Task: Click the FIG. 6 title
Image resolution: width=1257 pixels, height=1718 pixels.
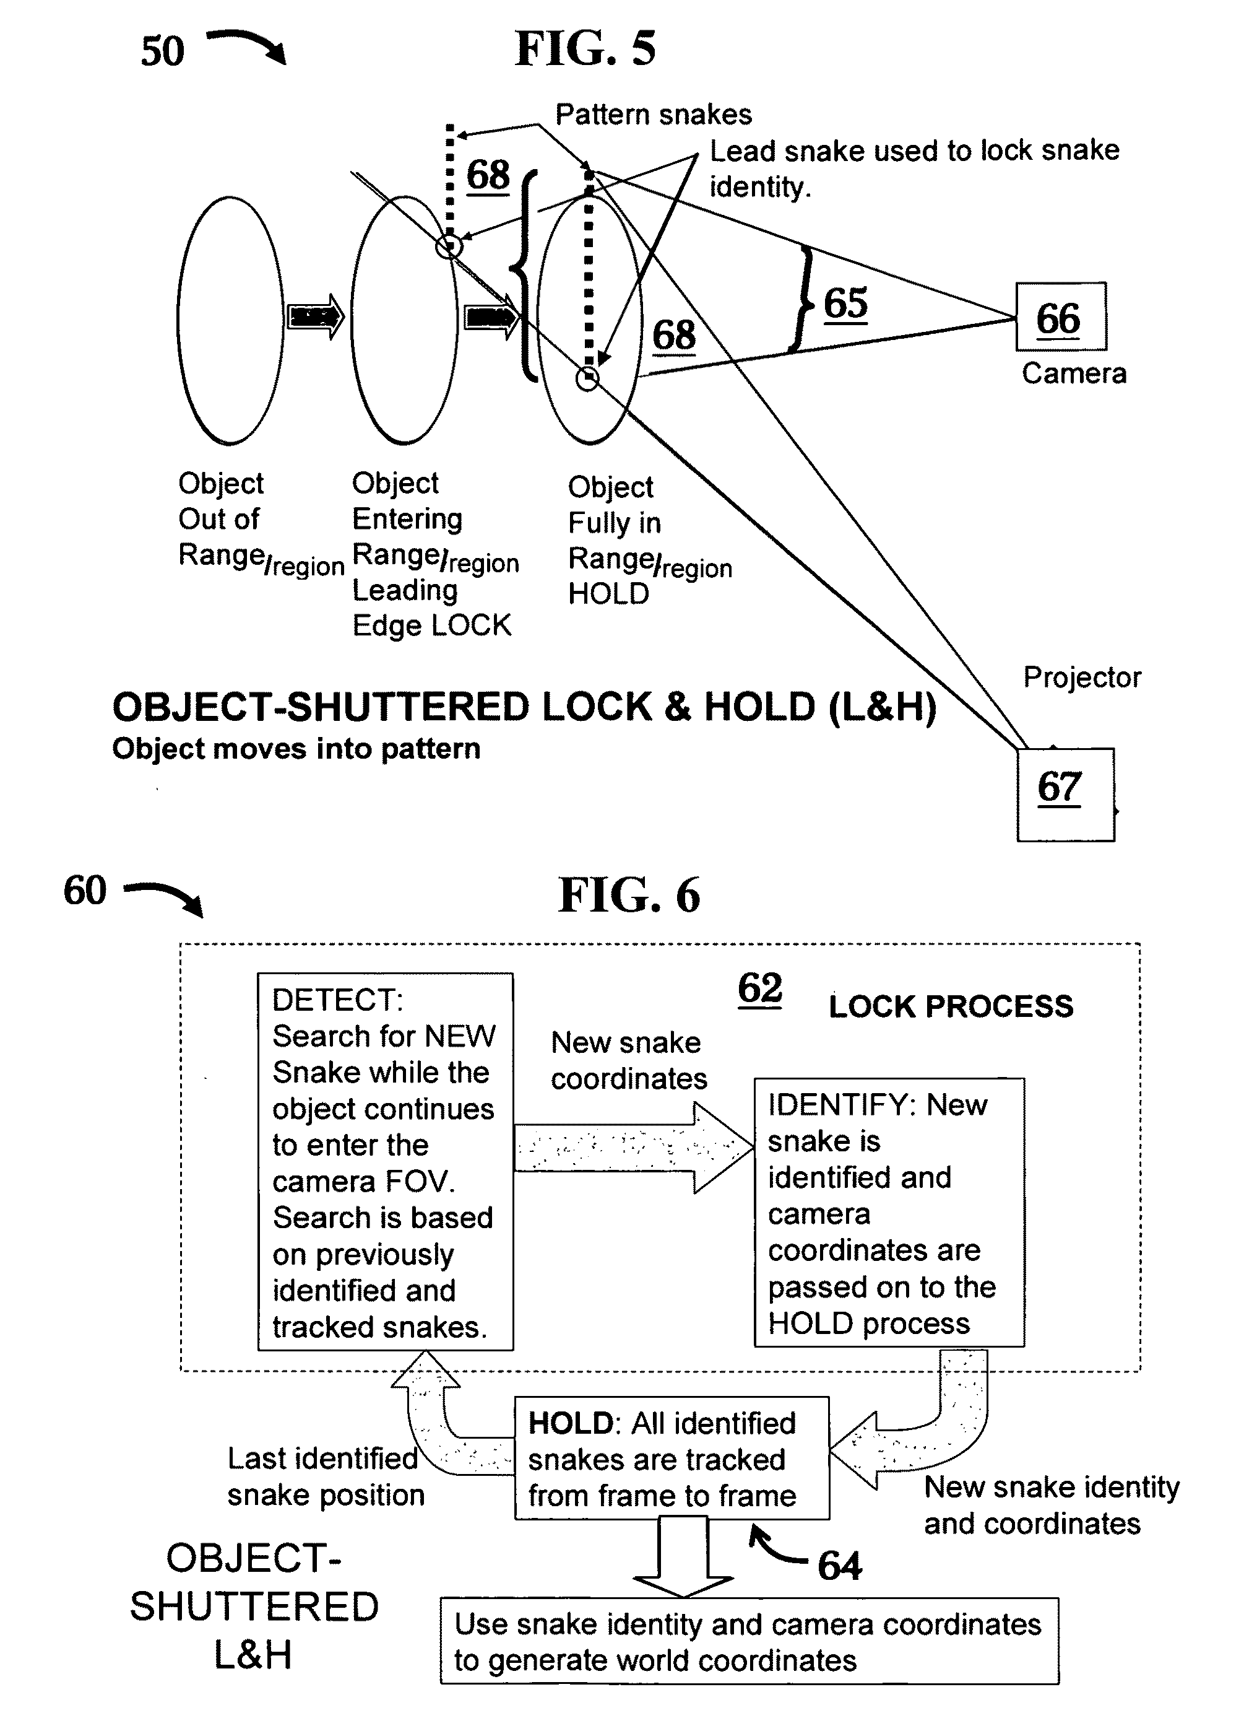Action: (629, 894)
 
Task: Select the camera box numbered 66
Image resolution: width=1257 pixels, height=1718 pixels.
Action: (1061, 316)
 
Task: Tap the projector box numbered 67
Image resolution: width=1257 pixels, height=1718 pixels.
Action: (1065, 794)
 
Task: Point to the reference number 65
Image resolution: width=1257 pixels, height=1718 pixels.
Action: (845, 303)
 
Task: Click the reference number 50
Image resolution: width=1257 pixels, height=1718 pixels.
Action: (162, 52)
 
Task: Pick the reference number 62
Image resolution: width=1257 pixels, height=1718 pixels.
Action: (759, 989)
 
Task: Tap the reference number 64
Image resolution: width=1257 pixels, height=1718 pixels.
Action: (839, 1566)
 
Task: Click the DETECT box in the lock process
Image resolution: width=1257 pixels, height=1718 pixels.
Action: (385, 1162)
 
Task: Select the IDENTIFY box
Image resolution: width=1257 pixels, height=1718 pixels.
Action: (889, 1213)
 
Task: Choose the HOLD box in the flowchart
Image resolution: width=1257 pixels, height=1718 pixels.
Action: (672, 1458)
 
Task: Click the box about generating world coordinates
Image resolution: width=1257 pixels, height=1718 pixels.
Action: (749, 1641)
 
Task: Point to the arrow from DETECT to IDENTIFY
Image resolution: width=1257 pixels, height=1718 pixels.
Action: (634, 1147)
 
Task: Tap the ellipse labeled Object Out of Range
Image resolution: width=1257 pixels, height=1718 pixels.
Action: (231, 320)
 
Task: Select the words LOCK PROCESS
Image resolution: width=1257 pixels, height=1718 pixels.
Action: (951, 1006)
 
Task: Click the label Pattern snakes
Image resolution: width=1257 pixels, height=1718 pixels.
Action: (654, 114)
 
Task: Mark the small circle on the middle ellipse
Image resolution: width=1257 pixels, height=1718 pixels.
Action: (449, 246)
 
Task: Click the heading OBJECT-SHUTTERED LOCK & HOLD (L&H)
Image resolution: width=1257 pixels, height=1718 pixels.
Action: (524, 707)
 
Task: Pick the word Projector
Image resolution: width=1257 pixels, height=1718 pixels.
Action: (1082, 678)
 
